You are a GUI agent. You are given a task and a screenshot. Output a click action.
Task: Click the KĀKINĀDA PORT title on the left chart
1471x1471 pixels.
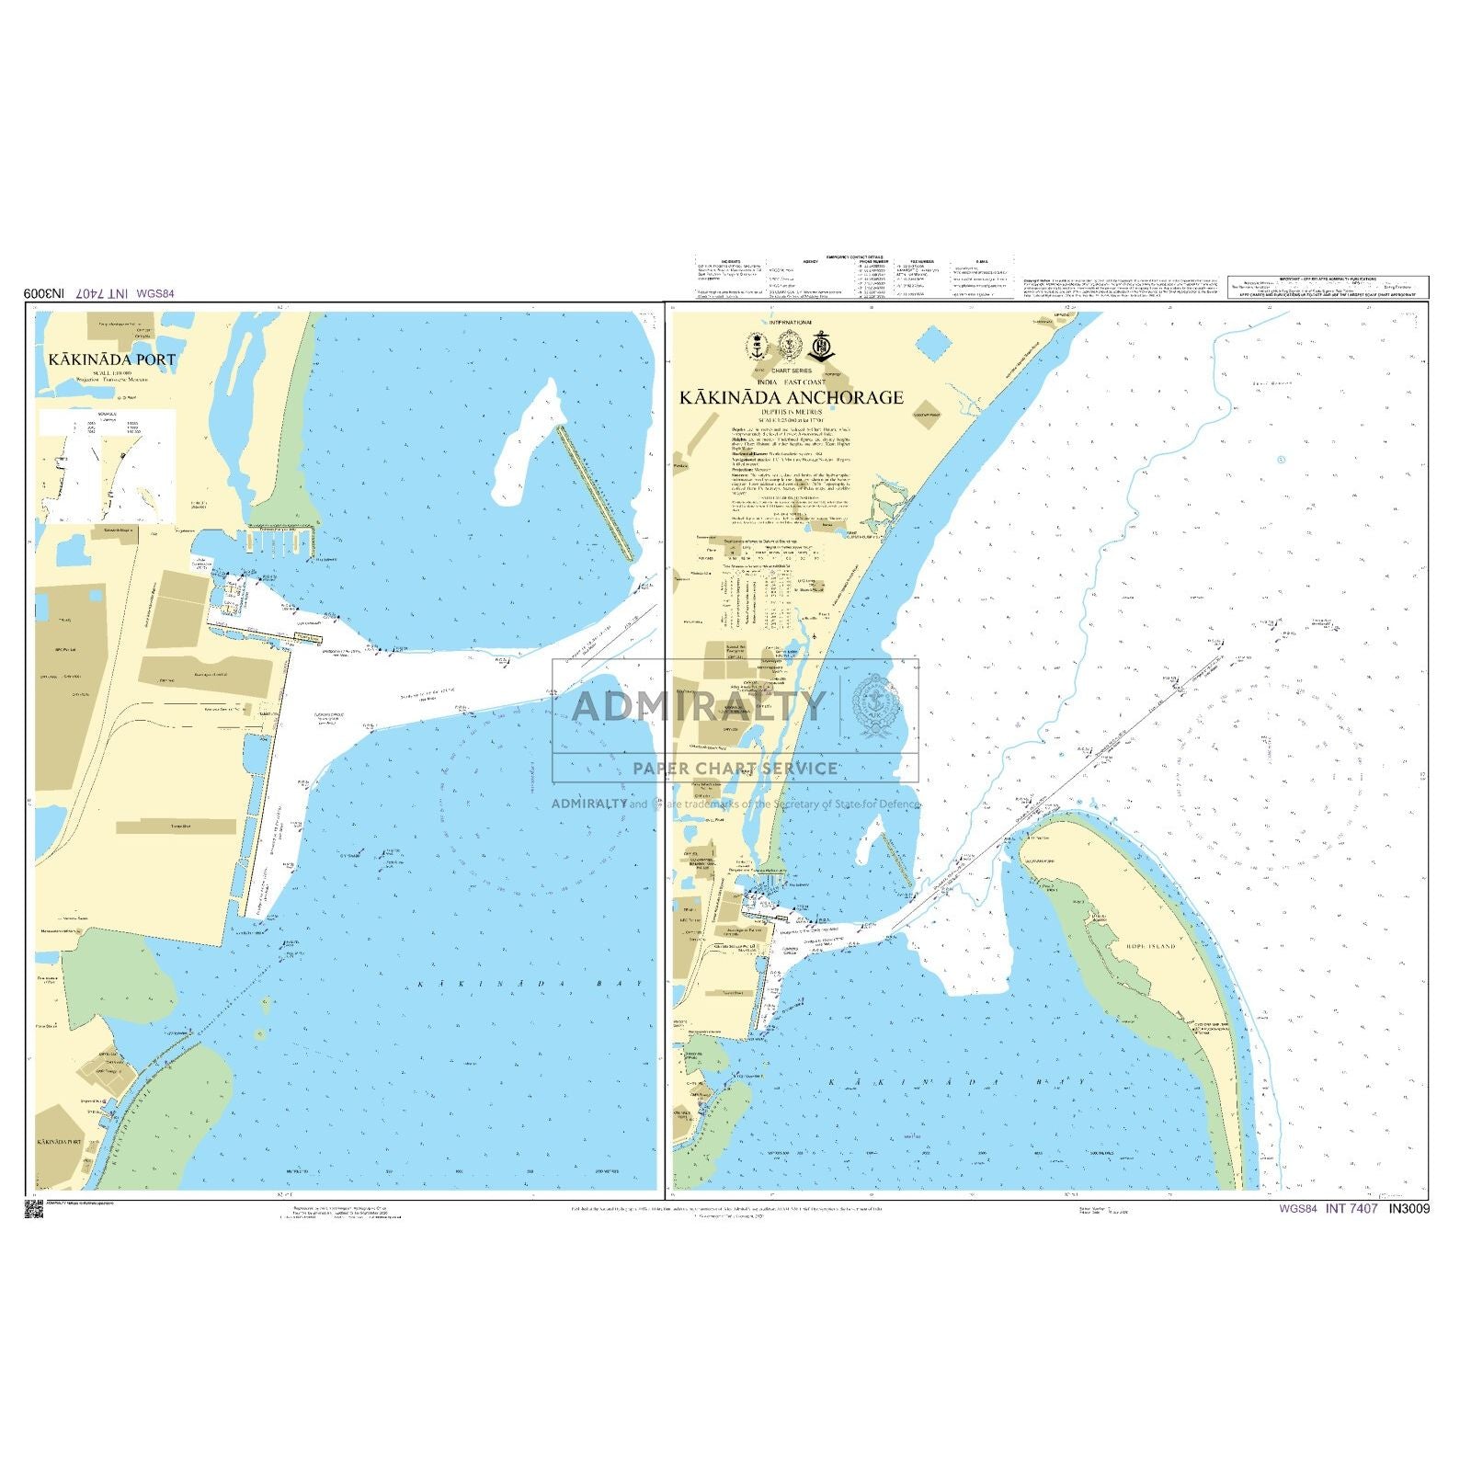pyautogui.click(x=112, y=359)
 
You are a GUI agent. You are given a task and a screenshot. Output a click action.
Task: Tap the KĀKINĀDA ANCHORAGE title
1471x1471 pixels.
pyautogui.click(x=792, y=397)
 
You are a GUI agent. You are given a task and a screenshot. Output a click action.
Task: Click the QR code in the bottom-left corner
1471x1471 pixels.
pyautogui.click(x=33, y=1210)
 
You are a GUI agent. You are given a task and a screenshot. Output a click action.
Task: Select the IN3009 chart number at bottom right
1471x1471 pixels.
pyautogui.click(x=1409, y=1209)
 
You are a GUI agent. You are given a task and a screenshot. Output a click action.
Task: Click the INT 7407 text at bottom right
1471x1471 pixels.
pyautogui.click(x=1351, y=1209)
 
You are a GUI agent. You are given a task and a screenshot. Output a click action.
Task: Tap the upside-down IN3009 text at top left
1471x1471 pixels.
pyautogui.click(x=44, y=293)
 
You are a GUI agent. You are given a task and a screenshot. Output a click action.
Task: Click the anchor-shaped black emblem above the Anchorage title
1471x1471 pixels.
pyautogui.click(x=820, y=346)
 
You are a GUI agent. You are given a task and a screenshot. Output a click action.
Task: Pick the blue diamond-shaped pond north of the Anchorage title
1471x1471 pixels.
pyautogui.click(x=935, y=344)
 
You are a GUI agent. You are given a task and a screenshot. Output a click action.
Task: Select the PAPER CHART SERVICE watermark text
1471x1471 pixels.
pyautogui.click(x=735, y=769)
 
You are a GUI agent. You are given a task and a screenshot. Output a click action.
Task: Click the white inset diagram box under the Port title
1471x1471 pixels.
pyautogui.click(x=107, y=464)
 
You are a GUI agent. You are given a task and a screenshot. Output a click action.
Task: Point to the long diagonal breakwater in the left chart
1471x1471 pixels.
pyautogui.click(x=596, y=492)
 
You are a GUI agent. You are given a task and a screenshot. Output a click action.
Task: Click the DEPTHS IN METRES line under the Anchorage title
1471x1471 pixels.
pyautogui.click(x=791, y=412)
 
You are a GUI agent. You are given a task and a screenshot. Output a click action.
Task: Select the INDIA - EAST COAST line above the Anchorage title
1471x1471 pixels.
pyautogui.click(x=791, y=382)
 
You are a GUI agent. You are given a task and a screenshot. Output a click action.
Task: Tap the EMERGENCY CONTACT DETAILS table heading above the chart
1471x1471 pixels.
pyautogui.click(x=854, y=257)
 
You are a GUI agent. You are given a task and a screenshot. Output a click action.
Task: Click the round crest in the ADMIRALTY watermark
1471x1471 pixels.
pyautogui.click(x=876, y=706)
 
